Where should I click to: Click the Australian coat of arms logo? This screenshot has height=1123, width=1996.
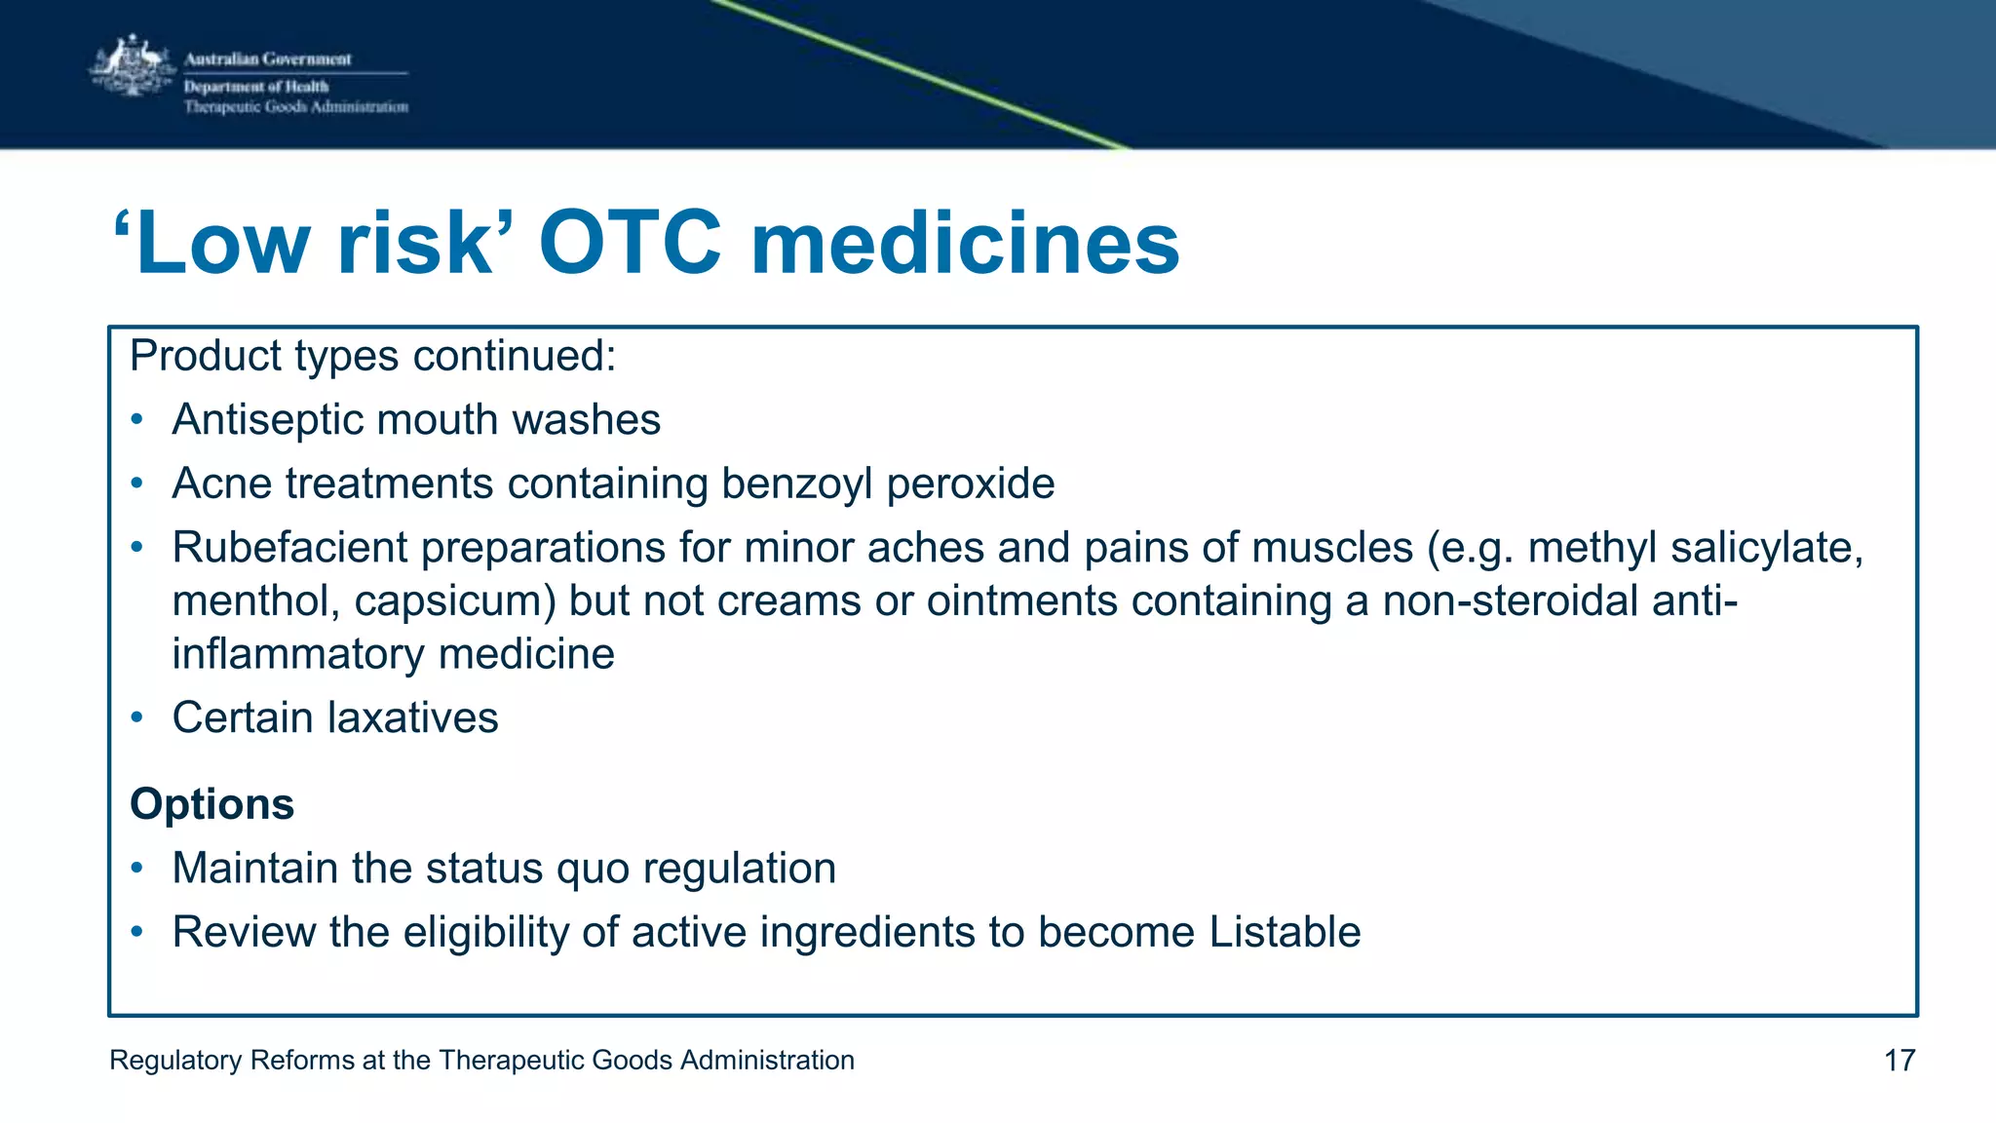pos(132,66)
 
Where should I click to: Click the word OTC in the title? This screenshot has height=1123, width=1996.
pos(631,244)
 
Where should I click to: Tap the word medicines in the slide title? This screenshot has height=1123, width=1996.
pos(965,244)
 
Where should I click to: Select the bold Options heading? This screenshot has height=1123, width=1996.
pos(212,804)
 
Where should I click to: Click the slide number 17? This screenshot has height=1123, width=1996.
pos(1900,1061)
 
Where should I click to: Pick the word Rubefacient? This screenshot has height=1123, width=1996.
pos(289,548)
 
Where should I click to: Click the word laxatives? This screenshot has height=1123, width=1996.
pos(413,718)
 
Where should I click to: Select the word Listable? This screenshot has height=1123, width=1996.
pos(1285,933)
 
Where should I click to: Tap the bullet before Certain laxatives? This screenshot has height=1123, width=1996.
pos(138,718)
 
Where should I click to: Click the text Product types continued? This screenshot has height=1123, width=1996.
pos(372,356)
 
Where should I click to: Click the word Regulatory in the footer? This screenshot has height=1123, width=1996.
pos(175,1061)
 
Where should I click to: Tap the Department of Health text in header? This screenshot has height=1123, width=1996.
pos(256,87)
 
